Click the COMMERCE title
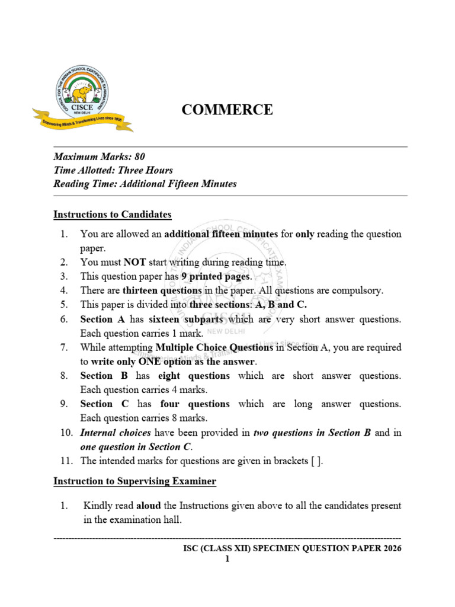point(227,110)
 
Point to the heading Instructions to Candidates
point(113,214)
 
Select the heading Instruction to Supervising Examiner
point(135,482)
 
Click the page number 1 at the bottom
point(227,559)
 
